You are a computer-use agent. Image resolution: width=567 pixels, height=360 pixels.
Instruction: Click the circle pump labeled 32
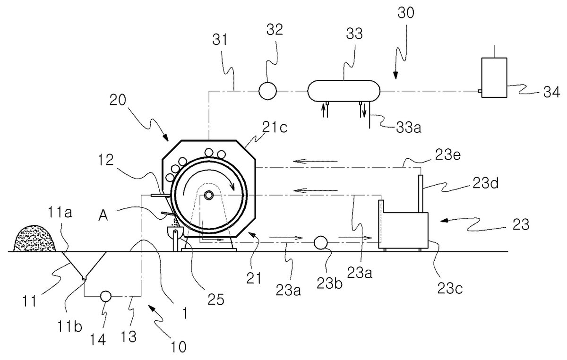[x=267, y=91]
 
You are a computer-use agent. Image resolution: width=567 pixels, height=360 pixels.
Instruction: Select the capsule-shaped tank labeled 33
[x=344, y=91]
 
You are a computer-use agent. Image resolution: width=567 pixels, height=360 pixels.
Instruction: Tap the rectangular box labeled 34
[x=494, y=77]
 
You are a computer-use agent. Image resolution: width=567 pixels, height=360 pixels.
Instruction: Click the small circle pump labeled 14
[x=106, y=296]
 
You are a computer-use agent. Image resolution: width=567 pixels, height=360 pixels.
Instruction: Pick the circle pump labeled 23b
[x=321, y=243]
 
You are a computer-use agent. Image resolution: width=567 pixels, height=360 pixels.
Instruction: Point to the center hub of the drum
[x=209, y=195]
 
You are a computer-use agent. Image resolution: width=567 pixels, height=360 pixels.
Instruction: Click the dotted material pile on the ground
[x=34, y=238]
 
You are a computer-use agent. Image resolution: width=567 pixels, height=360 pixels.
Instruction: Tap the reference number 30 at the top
[x=406, y=13]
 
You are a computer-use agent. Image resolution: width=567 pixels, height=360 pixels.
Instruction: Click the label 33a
[x=409, y=128]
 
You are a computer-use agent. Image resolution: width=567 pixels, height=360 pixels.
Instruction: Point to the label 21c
[x=275, y=128]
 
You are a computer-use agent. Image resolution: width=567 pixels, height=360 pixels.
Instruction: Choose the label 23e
[x=447, y=155]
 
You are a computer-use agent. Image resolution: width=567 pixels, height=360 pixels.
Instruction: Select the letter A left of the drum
[x=103, y=216]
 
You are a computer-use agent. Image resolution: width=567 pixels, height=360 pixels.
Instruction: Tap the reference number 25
[x=216, y=300]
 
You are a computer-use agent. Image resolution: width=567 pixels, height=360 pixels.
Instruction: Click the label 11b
[x=69, y=327]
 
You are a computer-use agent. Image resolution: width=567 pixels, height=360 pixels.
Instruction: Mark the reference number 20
[x=118, y=100]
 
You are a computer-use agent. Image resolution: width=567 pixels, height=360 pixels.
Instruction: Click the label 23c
[x=450, y=288]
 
